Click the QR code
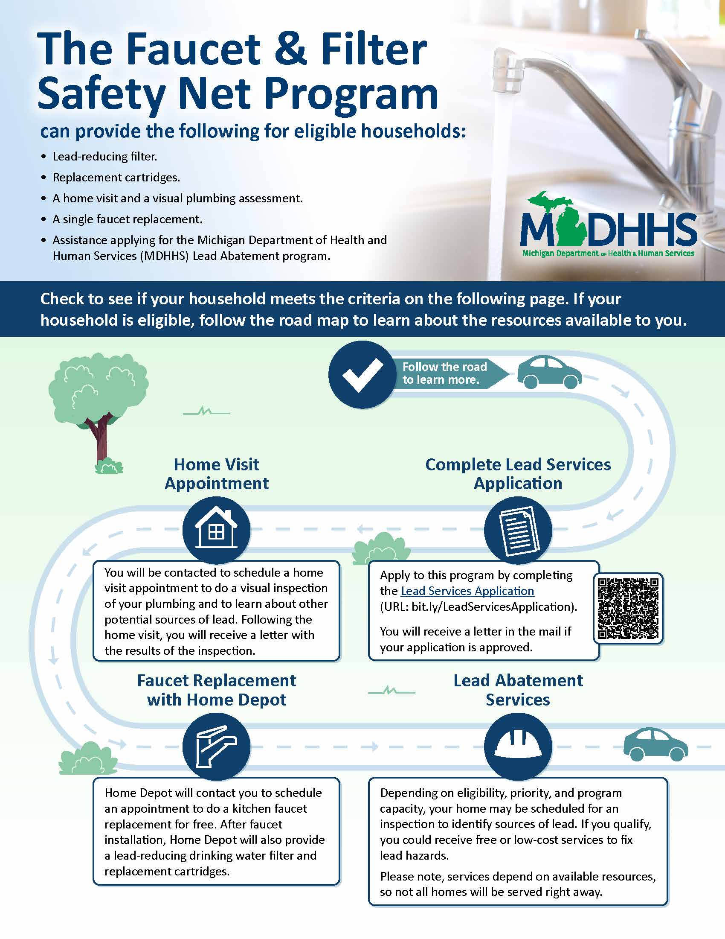click(628, 608)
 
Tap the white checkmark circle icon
click(362, 374)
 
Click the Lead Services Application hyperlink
click(467, 591)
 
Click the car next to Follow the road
click(549, 372)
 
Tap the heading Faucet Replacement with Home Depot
click(216, 690)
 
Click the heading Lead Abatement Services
click(518, 690)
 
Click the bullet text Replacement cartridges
click(116, 177)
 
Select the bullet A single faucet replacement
click(127, 219)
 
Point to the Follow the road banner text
click(444, 373)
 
